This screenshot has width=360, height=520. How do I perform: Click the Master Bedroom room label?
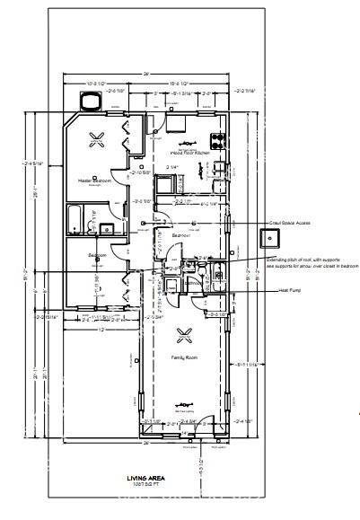96,181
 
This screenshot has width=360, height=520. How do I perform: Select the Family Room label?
184,357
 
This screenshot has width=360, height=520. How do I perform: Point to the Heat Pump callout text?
288,290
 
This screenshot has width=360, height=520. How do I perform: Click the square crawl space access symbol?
268,238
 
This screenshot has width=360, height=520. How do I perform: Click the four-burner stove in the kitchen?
216,140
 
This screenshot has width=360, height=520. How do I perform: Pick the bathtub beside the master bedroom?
75,218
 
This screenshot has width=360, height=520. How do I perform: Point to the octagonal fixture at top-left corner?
89,104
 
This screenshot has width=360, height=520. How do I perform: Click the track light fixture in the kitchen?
187,143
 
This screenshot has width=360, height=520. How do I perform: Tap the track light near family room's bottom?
187,402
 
